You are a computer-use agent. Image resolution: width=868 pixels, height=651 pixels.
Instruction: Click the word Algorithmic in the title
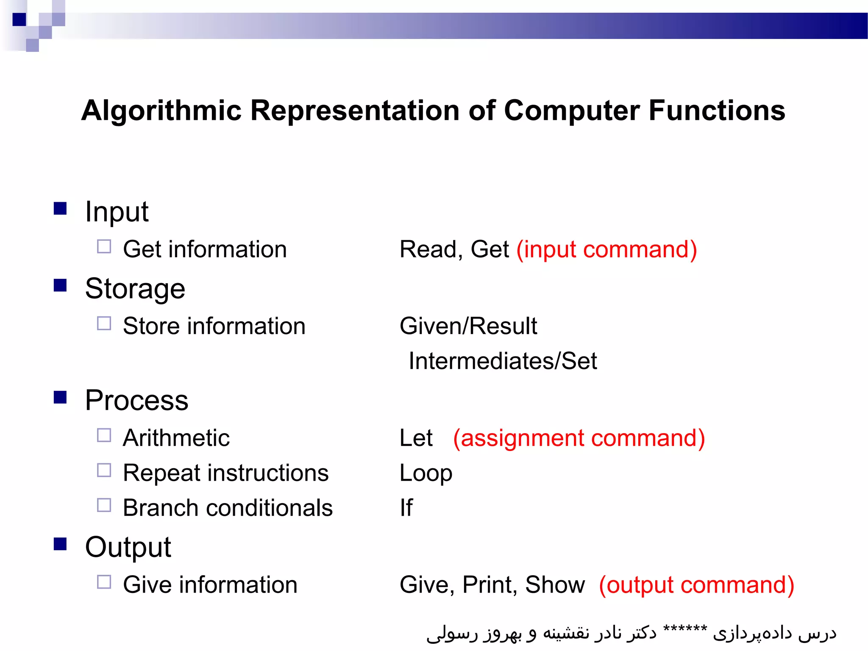(x=161, y=111)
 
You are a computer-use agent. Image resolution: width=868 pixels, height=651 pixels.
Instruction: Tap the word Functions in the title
(x=717, y=111)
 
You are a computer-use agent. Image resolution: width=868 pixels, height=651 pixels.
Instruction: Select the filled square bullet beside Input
(x=60, y=209)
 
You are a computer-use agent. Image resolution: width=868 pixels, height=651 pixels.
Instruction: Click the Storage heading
(x=135, y=289)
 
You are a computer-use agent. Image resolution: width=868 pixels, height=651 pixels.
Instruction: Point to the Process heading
(x=136, y=400)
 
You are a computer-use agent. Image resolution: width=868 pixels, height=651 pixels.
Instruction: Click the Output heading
(x=128, y=547)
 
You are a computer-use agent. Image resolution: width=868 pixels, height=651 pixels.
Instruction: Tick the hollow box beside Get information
(x=104, y=247)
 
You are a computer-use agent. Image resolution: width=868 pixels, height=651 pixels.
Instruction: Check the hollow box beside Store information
(x=104, y=324)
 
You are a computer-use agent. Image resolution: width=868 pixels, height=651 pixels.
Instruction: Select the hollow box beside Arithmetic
(x=104, y=435)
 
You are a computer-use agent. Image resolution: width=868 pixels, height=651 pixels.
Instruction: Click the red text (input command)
(x=606, y=249)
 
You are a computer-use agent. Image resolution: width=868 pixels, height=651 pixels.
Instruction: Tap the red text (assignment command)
(x=579, y=438)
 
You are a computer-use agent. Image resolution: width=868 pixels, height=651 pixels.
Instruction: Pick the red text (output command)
(x=696, y=585)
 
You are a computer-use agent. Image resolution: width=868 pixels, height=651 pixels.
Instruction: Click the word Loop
(x=426, y=473)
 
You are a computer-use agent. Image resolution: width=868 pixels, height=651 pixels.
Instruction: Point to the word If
(x=406, y=507)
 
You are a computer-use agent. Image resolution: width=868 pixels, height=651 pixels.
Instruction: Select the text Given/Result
(x=468, y=326)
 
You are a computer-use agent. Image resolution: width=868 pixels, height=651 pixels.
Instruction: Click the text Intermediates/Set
(x=503, y=361)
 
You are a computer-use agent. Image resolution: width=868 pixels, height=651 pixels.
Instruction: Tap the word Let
(x=416, y=438)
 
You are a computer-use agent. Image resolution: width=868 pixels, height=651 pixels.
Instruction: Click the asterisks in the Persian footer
(x=685, y=629)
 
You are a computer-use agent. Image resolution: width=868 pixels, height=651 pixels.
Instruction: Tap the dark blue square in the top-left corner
(x=19, y=19)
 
